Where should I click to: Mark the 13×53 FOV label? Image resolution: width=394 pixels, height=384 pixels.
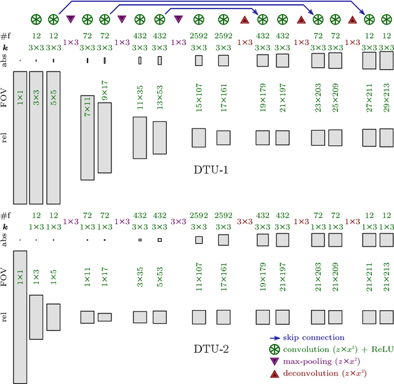159,97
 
